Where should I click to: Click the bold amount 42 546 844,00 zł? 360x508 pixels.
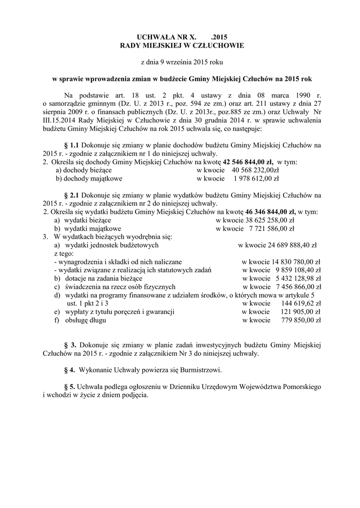[x=248, y=162]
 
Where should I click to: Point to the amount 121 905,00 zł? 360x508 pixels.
[x=301, y=312]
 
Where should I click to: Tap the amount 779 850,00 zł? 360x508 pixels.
[x=301, y=320]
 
